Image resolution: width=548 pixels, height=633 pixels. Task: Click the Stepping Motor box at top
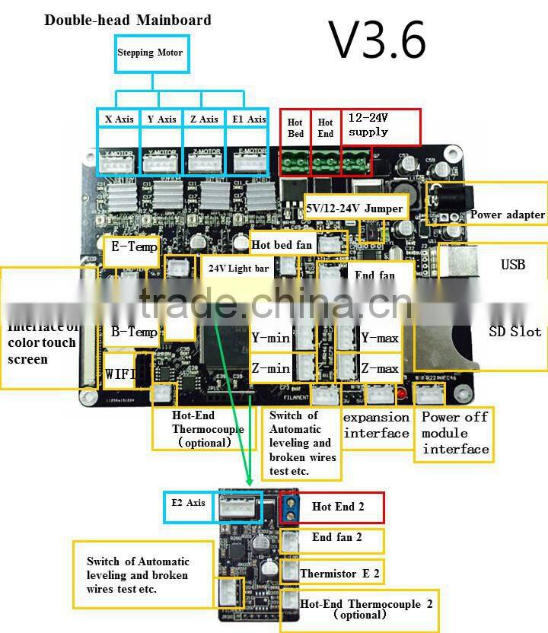coord(150,52)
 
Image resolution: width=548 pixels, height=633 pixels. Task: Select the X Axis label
coord(119,119)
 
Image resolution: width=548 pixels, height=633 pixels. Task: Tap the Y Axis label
coord(161,119)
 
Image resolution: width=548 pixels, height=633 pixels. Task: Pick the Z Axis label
coord(204,119)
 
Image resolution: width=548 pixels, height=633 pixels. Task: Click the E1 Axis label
coord(247,119)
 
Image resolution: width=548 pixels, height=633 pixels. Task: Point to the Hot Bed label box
coord(296,128)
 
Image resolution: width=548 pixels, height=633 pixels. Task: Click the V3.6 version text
coord(377,40)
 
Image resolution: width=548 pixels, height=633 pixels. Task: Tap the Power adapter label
coord(507,215)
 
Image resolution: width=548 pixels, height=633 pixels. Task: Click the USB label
coord(512,265)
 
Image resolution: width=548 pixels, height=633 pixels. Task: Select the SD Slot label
coord(515,331)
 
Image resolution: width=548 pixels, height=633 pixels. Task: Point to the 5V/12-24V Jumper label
coord(353,208)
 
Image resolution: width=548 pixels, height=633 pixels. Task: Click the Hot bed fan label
coord(282,245)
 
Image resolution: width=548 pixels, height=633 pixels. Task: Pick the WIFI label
coord(119,373)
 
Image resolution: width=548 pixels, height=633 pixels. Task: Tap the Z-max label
coord(380,368)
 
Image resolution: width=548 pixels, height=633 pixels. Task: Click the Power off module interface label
coord(455,433)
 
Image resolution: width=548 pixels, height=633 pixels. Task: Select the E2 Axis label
coord(186,503)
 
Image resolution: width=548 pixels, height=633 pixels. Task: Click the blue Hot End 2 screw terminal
coord(288,508)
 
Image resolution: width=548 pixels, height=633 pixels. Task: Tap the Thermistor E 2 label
coord(339,573)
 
